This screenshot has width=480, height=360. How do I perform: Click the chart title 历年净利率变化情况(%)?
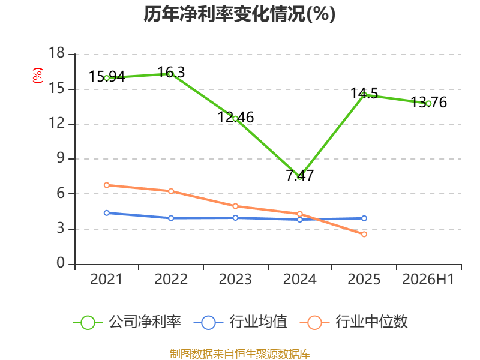[239, 14]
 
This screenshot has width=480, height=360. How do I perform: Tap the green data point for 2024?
[299, 177]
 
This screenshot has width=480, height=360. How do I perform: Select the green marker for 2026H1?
[428, 104]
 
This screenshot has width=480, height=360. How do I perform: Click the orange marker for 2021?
[107, 185]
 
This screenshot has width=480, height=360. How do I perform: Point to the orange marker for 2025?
[364, 234]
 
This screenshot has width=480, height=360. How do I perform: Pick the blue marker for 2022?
[171, 218]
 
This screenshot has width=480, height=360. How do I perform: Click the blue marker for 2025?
[364, 218]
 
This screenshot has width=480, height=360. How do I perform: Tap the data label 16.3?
[171, 73]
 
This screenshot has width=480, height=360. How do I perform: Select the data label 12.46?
[236, 118]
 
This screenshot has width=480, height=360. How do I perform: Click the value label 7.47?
[300, 175]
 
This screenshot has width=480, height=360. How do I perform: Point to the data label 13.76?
[428, 102]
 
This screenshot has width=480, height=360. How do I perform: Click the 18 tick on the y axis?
[57, 53]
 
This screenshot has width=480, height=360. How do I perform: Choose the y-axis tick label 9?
[61, 158]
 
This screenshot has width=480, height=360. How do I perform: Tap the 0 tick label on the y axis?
[61, 263]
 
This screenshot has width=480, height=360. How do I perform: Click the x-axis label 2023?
[235, 280]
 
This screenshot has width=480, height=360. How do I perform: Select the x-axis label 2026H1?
[428, 280]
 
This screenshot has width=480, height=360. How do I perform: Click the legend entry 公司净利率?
[127, 322]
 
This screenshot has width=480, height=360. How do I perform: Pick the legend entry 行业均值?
[241, 322]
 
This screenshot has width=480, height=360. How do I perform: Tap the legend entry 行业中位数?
[354, 322]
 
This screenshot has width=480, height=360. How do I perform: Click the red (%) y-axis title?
[38, 76]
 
